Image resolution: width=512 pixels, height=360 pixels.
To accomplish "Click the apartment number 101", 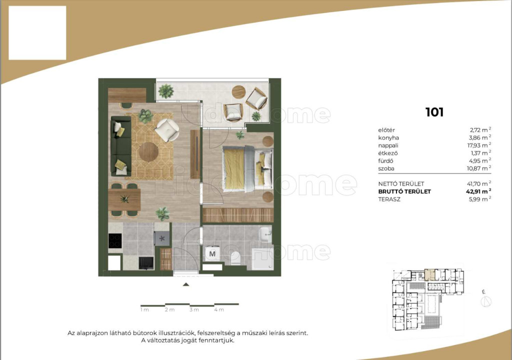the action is [x=434, y=112].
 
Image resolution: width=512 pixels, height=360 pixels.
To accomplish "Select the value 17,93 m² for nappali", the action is [x=480, y=145].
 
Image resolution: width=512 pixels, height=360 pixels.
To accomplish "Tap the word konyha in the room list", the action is [x=388, y=137].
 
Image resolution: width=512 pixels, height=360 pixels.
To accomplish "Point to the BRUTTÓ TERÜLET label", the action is [x=404, y=192].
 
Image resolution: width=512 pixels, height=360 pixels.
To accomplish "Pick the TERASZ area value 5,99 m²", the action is [x=480, y=199].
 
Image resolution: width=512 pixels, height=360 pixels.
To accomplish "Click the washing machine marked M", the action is [x=212, y=253].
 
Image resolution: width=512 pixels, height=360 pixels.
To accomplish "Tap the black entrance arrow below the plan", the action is [x=186, y=284].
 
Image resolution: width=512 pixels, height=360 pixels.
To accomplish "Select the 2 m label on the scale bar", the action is [x=170, y=309].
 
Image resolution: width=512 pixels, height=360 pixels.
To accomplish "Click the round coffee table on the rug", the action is [x=148, y=152].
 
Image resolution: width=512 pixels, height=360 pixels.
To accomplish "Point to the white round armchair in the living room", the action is [x=167, y=130].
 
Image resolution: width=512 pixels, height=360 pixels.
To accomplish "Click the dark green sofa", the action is [x=121, y=146].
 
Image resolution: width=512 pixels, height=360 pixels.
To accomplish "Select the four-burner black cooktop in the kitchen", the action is [x=115, y=241].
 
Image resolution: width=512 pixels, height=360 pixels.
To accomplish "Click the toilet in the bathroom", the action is [x=235, y=258].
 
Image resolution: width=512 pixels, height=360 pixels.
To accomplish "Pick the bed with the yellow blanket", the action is [x=248, y=168].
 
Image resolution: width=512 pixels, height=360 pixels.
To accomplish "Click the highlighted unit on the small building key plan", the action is [x=429, y=275].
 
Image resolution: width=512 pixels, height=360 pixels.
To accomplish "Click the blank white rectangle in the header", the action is [x=37, y=33].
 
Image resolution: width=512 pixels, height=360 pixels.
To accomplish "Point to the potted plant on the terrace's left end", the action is [x=166, y=91].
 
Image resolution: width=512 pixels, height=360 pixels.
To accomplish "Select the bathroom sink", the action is [x=265, y=234].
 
